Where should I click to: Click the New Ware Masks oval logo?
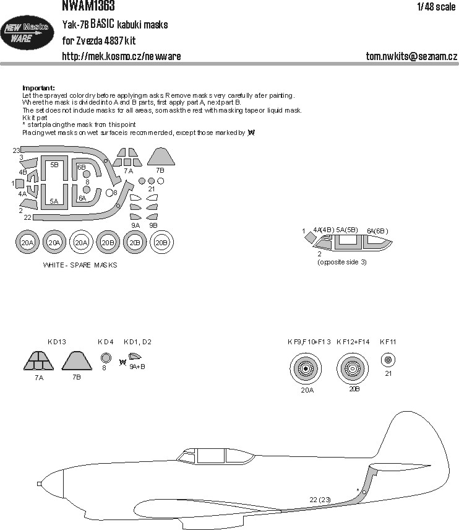coord(27,33)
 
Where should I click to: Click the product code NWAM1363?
coord(88,6)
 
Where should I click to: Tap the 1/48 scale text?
coord(436,7)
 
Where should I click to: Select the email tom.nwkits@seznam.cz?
coord(411,56)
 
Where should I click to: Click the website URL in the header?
coord(121,56)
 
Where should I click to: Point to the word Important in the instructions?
coord(38,88)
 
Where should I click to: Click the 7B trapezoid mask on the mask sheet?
coord(161,157)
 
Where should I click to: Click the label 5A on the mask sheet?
coord(54,201)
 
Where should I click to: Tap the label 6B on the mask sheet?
coord(82,167)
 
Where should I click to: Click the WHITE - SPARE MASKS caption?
coord(80,266)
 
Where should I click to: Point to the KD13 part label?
coord(57,342)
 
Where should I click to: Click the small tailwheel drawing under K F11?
coord(388,360)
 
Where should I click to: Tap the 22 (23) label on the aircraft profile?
coord(320,500)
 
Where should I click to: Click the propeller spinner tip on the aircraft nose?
coord(39,484)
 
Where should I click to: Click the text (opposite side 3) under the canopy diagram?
coord(342,263)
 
